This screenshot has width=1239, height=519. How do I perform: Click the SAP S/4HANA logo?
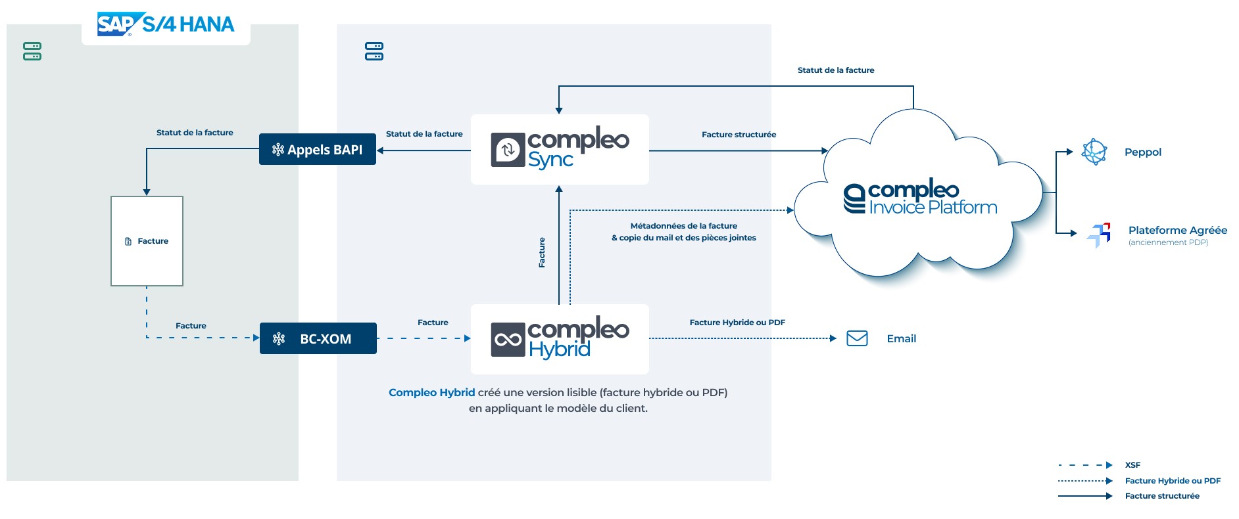(x=166, y=24)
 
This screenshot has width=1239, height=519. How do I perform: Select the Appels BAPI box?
(x=318, y=149)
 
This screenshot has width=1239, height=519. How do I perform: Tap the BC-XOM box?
(x=318, y=338)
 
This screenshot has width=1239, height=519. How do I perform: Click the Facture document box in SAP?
(x=147, y=241)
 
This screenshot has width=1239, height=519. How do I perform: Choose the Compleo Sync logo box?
(x=560, y=149)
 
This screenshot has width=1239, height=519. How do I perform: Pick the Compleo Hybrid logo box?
(x=560, y=339)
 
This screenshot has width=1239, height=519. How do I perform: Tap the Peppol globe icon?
(x=1094, y=152)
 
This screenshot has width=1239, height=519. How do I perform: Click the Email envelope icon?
(x=857, y=338)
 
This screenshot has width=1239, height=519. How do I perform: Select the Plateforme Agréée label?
(x=1177, y=230)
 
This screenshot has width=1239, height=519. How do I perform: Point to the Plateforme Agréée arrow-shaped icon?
(x=1099, y=235)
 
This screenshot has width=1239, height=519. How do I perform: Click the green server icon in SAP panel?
(x=32, y=51)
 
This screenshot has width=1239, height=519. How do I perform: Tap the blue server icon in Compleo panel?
(x=374, y=51)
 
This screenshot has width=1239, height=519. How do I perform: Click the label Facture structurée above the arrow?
(x=739, y=135)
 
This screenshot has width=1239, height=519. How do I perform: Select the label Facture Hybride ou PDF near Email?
(x=737, y=323)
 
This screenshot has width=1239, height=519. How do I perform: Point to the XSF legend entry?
(x=1132, y=465)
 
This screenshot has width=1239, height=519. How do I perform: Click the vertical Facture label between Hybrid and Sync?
(x=542, y=252)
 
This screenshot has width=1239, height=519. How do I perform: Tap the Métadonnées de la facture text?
(x=683, y=226)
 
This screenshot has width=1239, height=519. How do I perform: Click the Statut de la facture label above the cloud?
(x=835, y=70)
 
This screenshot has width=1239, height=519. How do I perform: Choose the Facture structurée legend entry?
(x=1161, y=496)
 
